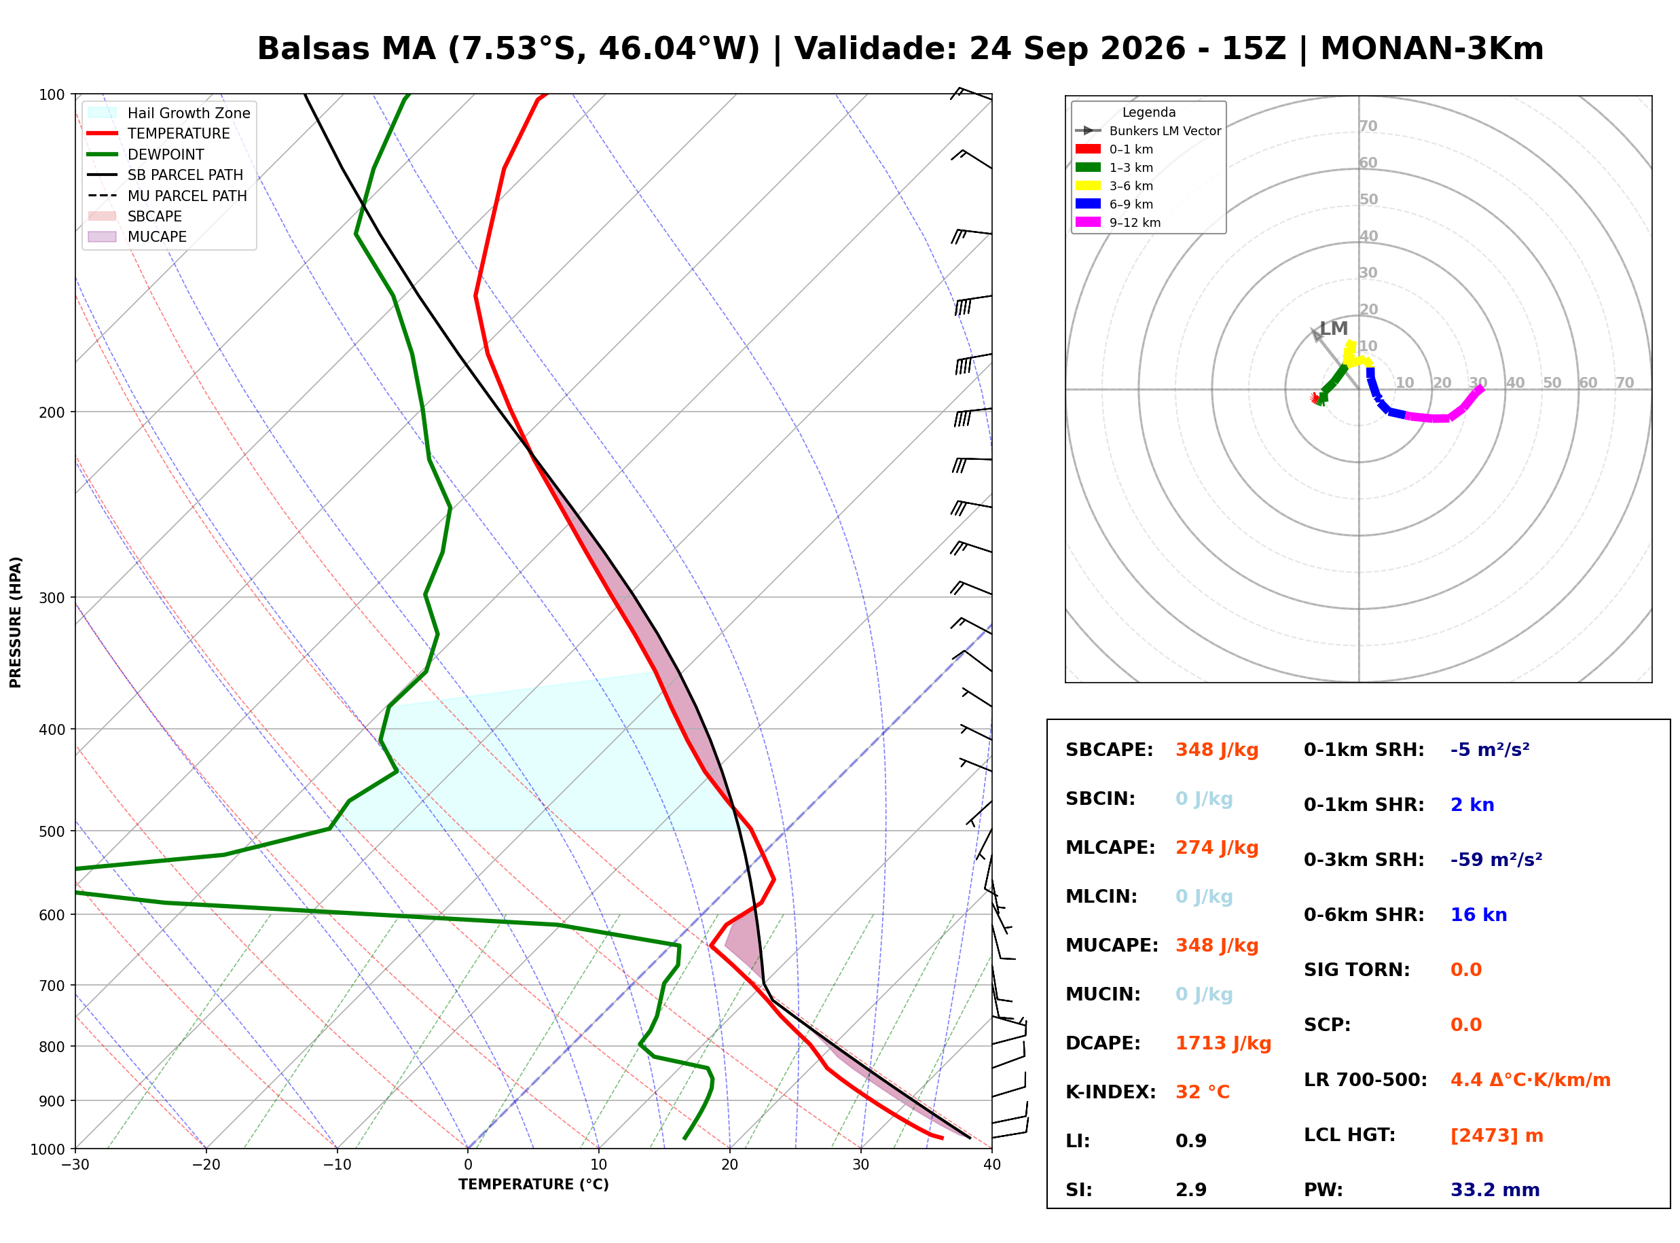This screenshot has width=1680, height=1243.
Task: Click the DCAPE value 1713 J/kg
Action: pyautogui.click(x=1223, y=1043)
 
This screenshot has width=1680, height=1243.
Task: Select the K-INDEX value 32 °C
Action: pyautogui.click(x=1202, y=1092)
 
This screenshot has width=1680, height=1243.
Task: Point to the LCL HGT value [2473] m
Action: pyautogui.click(x=1496, y=1136)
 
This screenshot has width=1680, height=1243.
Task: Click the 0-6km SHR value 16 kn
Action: pyautogui.click(x=1478, y=915)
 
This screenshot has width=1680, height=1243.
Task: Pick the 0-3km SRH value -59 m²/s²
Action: pyautogui.click(x=1496, y=859)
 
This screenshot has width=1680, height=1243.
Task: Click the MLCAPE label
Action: pyautogui.click(x=1110, y=848)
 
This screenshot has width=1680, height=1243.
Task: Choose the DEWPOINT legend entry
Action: pyautogui.click(x=146, y=154)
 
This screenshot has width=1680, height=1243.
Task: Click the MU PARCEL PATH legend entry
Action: pyautogui.click(x=167, y=196)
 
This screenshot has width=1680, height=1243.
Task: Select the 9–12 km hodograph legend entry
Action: pyautogui.click(x=1118, y=223)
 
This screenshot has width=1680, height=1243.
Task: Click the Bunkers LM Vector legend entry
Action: pyautogui.click(x=1148, y=131)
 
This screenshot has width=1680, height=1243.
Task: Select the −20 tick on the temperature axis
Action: pyautogui.click(x=206, y=1165)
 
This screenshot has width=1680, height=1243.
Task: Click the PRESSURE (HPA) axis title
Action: pyautogui.click(x=16, y=622)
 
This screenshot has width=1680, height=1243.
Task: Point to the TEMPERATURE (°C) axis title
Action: pyautogui.click(x=533, y=1185)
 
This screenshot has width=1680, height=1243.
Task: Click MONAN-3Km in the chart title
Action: pyautogui.click(x=1432, y=48)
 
